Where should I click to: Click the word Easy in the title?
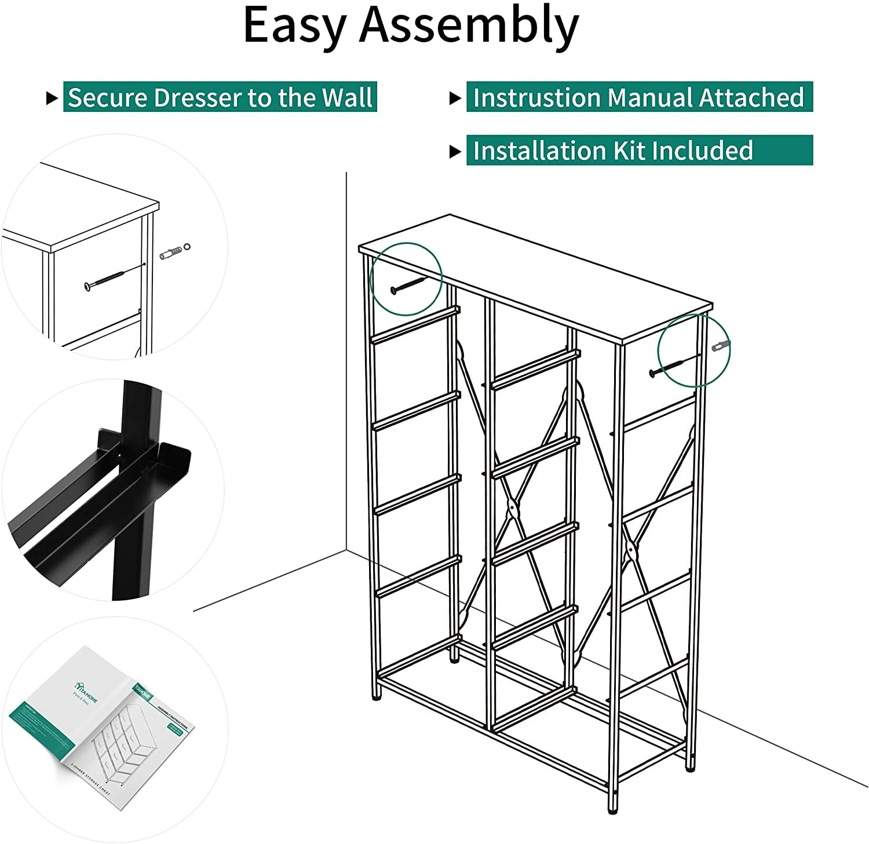tap(293, 26)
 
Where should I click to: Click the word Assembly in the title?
tap(469, 26)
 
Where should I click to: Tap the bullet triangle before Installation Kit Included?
tap(455, 151)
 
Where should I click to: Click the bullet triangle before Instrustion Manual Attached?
tap(455, 98)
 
